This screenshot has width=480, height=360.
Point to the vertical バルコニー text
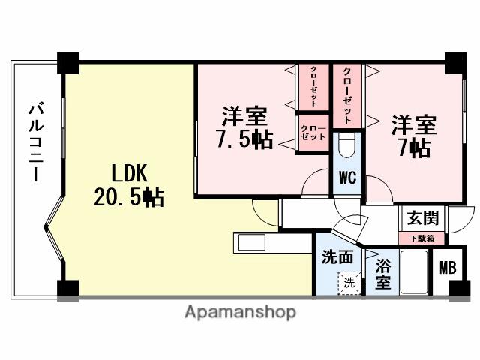point(34,142)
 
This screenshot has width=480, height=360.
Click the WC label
point(346,178)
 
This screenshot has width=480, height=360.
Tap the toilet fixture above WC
point(346,146)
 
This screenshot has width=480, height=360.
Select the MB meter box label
point(448,268)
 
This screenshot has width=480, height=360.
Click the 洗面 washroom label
point(337,256)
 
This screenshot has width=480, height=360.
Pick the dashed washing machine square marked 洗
point(349,283)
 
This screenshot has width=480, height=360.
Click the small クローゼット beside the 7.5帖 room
point(313,133)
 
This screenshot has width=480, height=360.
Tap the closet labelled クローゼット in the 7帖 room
point(348,95)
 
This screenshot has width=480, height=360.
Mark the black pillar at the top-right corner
point(454,62)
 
